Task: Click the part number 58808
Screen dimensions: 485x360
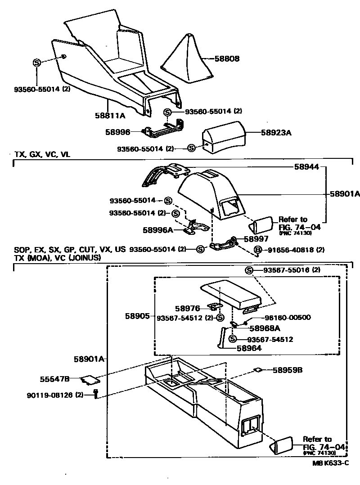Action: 227,58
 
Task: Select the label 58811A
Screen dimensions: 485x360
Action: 110,115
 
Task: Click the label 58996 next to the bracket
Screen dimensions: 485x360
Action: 117,132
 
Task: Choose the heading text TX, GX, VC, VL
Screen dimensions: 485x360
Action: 43,154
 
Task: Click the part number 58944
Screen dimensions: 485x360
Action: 307,166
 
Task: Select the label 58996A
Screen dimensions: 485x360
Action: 158,229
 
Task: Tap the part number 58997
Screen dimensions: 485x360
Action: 256,238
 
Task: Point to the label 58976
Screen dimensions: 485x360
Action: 188,308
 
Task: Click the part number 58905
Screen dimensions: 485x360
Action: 137,316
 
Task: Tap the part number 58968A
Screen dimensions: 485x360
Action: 265,328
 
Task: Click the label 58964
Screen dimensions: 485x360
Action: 249,347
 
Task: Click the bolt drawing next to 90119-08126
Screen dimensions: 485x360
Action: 95,395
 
